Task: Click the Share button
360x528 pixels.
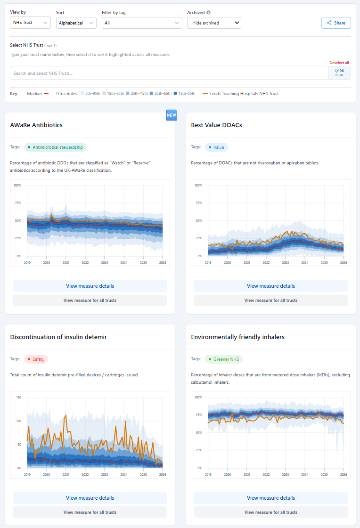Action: (336, 23)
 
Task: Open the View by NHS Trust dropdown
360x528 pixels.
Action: (30, 23)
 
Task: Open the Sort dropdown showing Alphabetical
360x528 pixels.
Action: (76, 23)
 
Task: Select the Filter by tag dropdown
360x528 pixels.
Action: (142, 23)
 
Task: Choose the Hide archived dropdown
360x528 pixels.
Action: (214, 23)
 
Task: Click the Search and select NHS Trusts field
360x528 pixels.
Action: (169, 73)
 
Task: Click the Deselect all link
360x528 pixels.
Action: (339, 63)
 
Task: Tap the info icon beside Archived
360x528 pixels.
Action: (208, 13)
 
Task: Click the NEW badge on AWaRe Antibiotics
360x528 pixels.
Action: (171, 115)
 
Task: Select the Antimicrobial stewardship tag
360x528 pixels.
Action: (55, 147)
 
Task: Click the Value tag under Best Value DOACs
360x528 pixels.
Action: (216, 147)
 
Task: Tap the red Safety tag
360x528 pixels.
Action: (36, 359)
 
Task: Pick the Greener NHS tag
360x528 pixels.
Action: (223, 359)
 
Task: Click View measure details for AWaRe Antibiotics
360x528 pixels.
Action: (90, 286)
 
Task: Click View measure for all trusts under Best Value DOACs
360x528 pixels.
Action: (271, 300)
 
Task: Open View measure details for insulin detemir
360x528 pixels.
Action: (90, 498)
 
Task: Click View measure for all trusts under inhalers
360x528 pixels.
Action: (271, 512)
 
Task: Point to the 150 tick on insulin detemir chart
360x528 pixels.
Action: (18, 397)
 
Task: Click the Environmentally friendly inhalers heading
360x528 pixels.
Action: (237, 337)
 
